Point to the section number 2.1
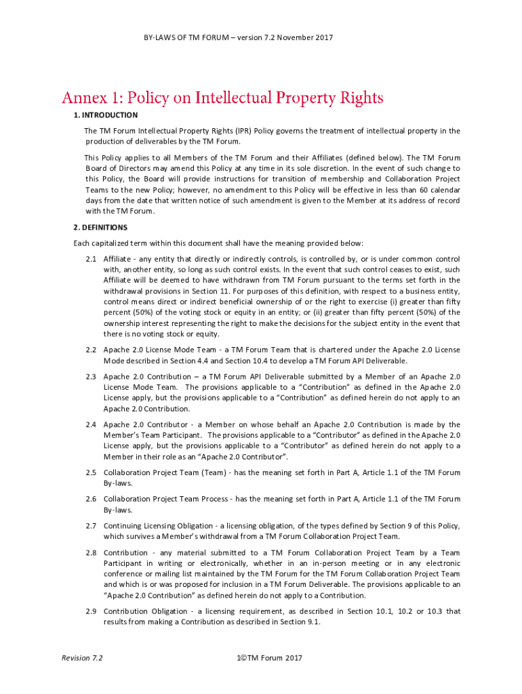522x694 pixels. click(x=91, y=260)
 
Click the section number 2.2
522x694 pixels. click(x=91, y=349)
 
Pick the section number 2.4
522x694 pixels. click(x=91, y=425)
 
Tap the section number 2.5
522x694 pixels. click(x=91, y=472)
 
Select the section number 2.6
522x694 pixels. click(x=91, y=499)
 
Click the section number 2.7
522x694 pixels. click(x=91, y=526)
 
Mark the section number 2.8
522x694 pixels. click(x=91, y=552)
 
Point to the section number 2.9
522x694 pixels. click(x=91, y=611)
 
